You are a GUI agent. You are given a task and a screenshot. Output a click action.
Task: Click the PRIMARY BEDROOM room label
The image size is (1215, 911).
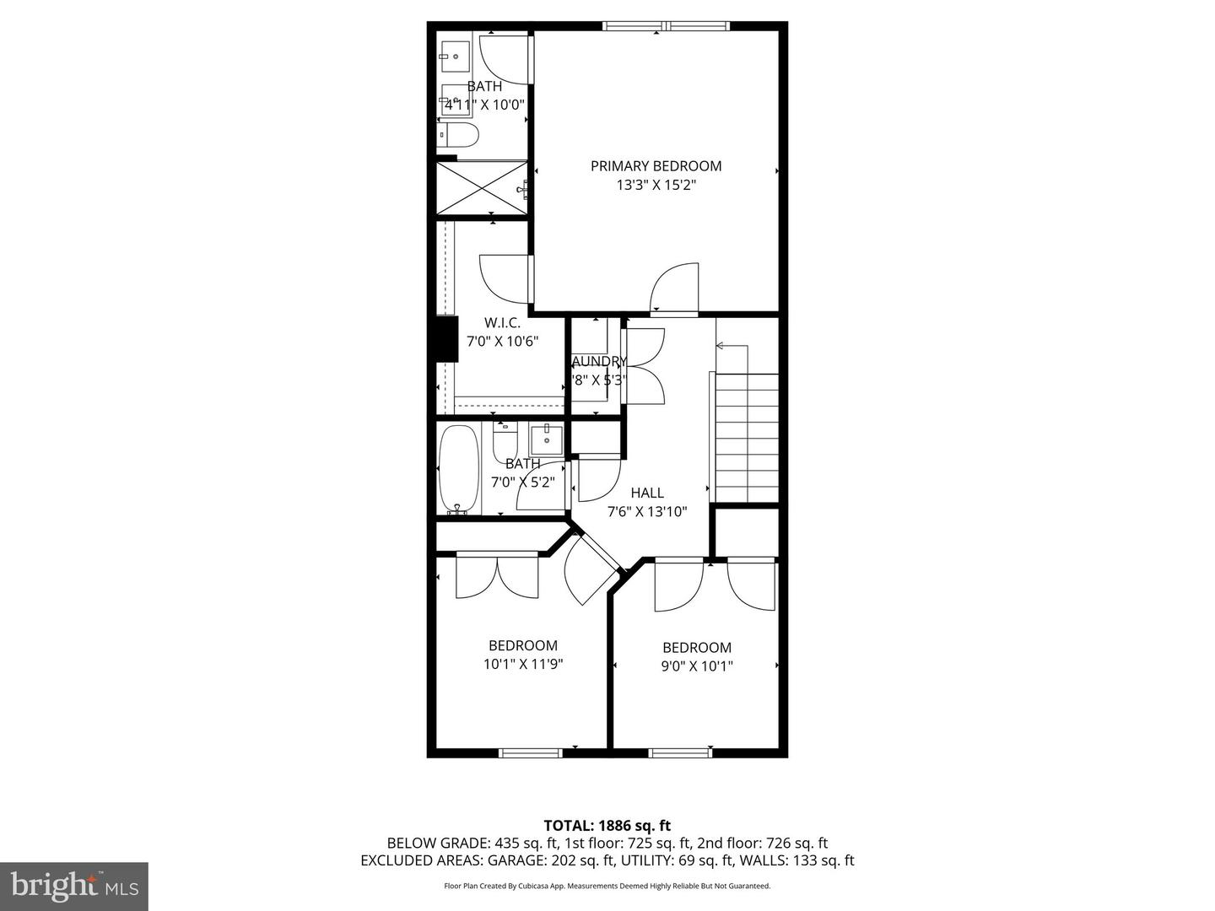656,166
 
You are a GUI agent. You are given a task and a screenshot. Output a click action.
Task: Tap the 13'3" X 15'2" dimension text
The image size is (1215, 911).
656,186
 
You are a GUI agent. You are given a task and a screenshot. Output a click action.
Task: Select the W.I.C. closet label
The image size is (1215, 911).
502,322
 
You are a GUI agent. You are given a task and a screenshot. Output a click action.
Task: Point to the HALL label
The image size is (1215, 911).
647,493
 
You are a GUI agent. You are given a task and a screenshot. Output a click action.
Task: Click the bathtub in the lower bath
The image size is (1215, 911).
459,468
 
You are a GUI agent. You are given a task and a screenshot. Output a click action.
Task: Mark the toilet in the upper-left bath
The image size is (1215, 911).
460,135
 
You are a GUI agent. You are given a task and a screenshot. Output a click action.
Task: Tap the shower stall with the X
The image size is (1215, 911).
481,187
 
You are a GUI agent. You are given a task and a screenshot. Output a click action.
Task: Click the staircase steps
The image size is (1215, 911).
747,439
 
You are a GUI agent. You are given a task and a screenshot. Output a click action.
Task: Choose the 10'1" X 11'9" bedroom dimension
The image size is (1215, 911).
522,664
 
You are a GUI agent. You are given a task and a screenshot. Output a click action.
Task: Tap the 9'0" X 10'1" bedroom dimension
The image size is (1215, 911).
696,666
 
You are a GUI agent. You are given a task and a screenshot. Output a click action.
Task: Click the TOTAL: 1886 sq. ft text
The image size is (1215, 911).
607,825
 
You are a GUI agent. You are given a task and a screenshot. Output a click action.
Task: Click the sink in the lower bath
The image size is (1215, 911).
547,439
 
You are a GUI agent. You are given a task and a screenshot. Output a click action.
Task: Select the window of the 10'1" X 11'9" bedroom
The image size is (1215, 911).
530,752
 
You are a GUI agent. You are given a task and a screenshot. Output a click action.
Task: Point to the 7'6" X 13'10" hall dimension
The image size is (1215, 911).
647,511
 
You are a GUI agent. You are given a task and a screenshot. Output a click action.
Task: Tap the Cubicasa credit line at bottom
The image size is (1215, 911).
607,886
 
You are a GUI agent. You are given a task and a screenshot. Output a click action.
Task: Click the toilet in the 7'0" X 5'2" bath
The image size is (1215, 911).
504,440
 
